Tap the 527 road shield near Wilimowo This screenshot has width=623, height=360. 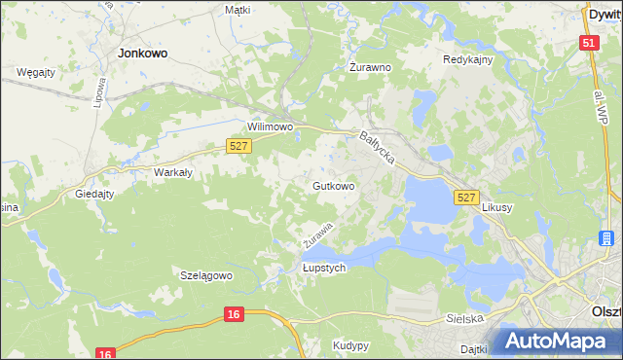(x=238, y=145)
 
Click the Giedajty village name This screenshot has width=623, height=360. (x=95, y=194)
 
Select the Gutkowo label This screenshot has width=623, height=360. (x=333, y=185)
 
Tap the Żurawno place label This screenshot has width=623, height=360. (x=370, y=68)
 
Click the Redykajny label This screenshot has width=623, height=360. (x=468, y=59)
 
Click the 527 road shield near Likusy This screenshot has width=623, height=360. (x=465, y=198)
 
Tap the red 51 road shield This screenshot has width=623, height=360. (x=588, y=44)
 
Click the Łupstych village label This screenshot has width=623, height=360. (x=324, y=269)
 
